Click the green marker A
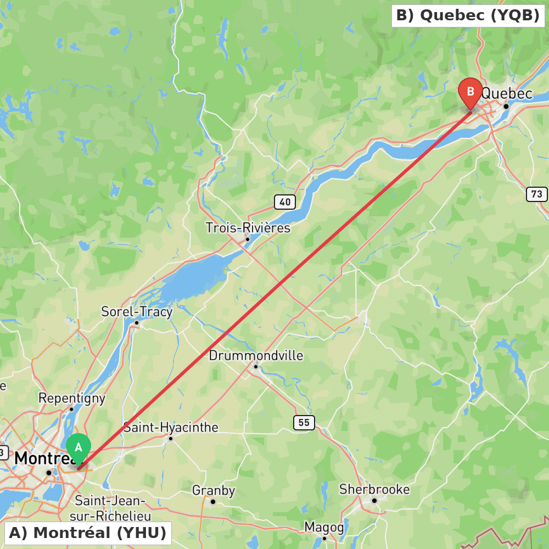(x=79, y=448)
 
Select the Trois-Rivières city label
(x=248, y=227)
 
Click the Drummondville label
(x=256, y=356)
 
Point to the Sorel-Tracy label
(x=137, y=312)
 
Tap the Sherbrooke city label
(x=374, y=489)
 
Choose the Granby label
(x=214, y=490)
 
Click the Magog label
(x=324, y=528)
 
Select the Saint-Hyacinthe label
(x=171, y=427)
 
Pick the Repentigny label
(x=71, y=398)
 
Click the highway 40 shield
(x=285, y=202)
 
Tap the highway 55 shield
(x=304, y=422)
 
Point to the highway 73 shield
(x=536, y=194)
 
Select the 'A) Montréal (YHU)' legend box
(x=88, y=533)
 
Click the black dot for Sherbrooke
(x=374, y=500)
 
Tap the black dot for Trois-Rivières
(x=248, y=239)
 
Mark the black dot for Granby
(x=213, y=501)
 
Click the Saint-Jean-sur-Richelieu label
(x=110, y=508)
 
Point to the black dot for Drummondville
(x=256, y=366)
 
